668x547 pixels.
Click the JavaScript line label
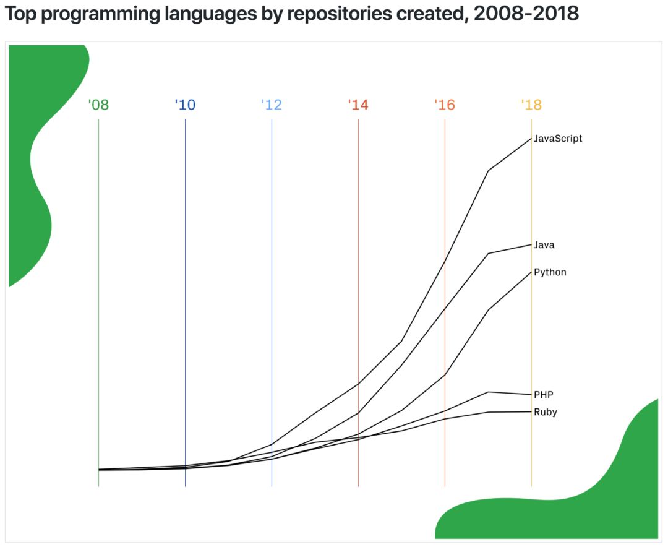point(558,139)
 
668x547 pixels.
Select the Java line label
point(544,245)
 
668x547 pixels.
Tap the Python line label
point(550,272)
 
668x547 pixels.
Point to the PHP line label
point(544,395)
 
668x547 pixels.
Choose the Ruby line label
point(545,412)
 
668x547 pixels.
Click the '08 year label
point(98,105)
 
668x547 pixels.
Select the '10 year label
point(185,105)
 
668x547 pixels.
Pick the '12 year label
point(272,105)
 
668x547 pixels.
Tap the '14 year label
point(358,105)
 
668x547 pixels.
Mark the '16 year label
point(445,105)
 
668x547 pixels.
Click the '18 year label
point(531,105)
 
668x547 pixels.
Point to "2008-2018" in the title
point(526,14)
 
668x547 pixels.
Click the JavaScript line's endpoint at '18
point(531,137)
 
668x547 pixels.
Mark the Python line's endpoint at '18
point(531,271)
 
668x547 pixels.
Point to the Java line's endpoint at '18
point(531,244)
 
